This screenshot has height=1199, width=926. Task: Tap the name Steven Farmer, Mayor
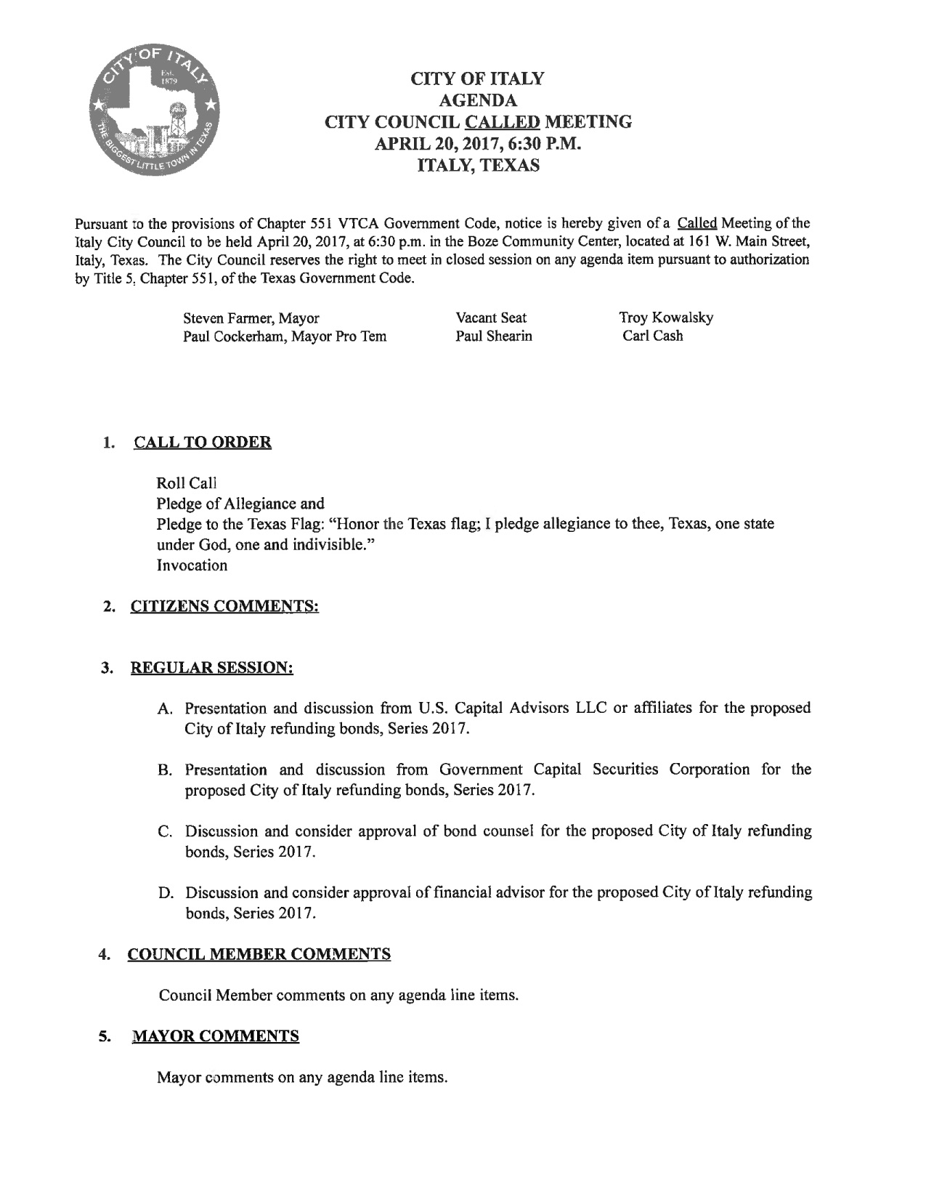click(x=251, y=318)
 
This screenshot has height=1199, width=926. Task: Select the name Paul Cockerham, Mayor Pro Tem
click(x=284, y=336)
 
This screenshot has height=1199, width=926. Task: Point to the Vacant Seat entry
click(x=491, y=318)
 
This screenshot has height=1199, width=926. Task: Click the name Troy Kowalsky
click(x=665, y=318)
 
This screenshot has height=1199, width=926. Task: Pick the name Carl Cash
click(x=652, y=336)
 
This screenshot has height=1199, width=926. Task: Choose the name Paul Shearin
click(x=494, y=336)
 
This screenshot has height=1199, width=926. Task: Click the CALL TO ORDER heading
click(x=203, y=443)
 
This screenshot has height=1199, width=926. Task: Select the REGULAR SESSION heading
click(x=211, y=668)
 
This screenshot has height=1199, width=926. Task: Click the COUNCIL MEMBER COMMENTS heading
click(x=259, y=954)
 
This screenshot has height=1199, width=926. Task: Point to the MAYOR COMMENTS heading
click(x=214, y=1036)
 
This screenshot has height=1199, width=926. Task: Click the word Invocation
click(x=192, y=565)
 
